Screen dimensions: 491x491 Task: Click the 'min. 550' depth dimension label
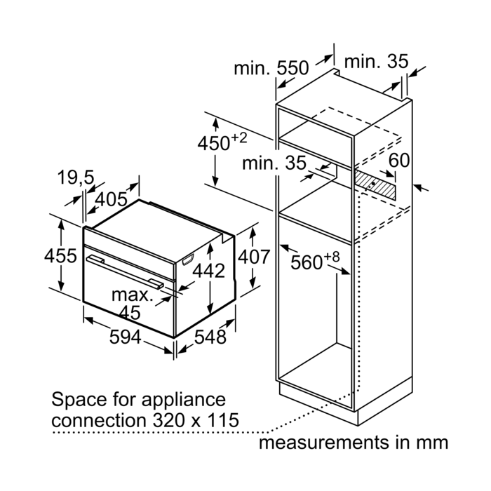tap(271, 68)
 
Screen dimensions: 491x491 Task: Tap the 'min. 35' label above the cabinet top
tap(376, 62)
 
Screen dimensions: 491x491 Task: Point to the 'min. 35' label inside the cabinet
tap(275, 163)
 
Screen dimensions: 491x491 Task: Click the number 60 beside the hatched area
tap(399, 160)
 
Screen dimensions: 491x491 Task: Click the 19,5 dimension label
tap(76, 178)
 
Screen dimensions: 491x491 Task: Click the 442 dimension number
tap(209, 270)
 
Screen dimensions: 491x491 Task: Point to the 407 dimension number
tap(253, 257)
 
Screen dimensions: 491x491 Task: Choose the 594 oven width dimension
tap(127, 337)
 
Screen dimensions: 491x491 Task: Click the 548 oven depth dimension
tap(210, 337)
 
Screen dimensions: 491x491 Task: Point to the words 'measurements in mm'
tap(353, 443)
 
